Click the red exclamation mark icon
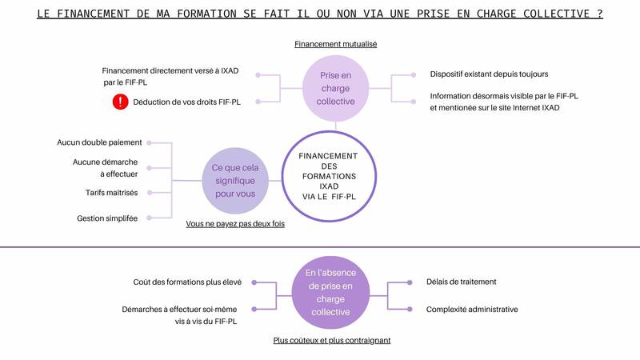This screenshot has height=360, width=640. (x=121, y=102)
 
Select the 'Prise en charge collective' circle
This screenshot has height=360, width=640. (x=335, y=88)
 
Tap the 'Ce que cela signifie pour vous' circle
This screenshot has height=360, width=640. (x=235, y=181)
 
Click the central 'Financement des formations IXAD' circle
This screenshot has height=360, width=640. (x=329, y=176)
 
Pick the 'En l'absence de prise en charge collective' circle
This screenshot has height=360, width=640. (x=330, y=292)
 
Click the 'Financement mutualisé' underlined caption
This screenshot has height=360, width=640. (x=335, y=44)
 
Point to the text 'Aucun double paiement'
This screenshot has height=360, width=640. (x=99, y=142)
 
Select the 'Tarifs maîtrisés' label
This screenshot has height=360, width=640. (x=111, y=193)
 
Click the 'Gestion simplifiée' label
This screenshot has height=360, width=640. (x=107, y=218)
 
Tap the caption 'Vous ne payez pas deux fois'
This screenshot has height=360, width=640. (x=235, y=224)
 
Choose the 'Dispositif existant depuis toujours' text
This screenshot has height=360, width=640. (x=489, y=74)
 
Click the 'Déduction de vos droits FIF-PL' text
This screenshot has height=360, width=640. (x=186, y=102)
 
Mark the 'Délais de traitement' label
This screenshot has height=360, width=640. (x=462, y=282)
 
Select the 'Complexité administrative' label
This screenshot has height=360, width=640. (x=472, y=310)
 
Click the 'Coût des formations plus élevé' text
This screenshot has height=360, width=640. (x=187, y=282)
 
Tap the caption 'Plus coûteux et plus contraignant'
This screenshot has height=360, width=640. (x=332, y=341)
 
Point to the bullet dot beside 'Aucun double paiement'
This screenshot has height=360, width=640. (x=150, y=143)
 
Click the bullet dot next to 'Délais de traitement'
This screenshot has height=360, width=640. (x=410, y=282)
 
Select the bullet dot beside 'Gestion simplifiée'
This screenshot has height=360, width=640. (x=150, y=218)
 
